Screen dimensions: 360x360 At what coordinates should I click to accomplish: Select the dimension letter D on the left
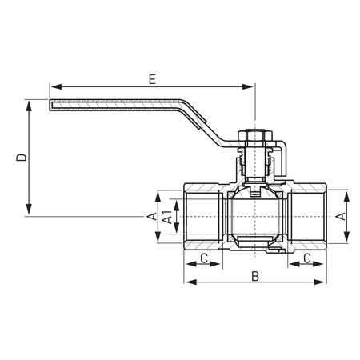pos(21,158)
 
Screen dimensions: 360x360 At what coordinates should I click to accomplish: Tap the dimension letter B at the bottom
pos(254,276)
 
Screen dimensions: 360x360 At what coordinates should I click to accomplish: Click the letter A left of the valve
pos(150,217)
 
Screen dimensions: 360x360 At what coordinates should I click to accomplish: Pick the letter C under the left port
pos(204,258)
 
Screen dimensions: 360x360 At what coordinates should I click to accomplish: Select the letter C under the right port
pos(308,258)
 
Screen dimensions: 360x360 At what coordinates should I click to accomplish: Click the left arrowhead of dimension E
pos(54,85)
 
